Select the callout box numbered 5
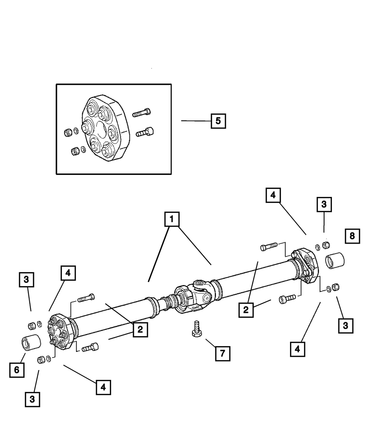(218, 121)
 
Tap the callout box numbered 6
(17, 370)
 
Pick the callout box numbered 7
(222, 353)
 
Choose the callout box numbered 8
(352, 236)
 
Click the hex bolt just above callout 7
(196, 328)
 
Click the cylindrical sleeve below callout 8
(333, 262)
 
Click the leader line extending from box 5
(195, 121)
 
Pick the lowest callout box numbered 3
(32, 399)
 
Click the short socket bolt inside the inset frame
(146, 132)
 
